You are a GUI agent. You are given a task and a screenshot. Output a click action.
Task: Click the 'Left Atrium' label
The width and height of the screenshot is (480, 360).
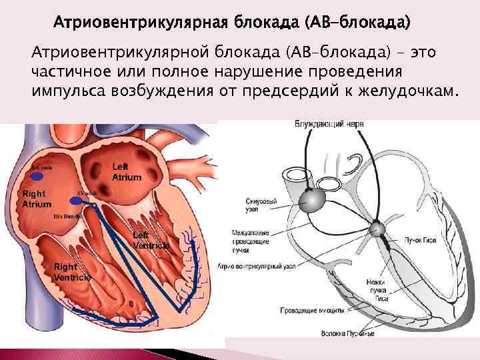(126, 171)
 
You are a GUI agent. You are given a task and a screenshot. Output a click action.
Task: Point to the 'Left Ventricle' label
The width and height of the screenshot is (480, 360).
(151, 240)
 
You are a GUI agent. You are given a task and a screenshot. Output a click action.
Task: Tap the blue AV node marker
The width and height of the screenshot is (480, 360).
(82, 199)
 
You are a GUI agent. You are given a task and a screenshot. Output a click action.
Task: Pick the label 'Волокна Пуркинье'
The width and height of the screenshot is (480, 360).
(347, 332)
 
